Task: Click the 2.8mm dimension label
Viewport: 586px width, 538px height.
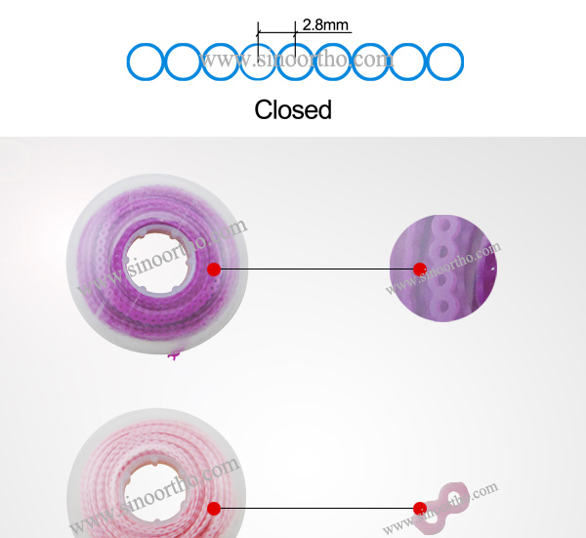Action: click(325, 23)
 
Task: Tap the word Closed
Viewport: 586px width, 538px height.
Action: click(293, 109)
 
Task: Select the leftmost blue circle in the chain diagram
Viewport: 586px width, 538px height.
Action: click(146, 62)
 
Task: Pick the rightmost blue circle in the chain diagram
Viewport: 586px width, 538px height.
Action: click(445, 62)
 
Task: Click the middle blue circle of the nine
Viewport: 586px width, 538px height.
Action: click(295, 62)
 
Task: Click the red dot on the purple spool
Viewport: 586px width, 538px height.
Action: click(214, 269)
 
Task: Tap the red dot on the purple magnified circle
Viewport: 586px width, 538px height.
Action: click(420, 269)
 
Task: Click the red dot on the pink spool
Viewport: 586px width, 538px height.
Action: click(214, 507)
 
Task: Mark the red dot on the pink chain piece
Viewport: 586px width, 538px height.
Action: click(420, 508)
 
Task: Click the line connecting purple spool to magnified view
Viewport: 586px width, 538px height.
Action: click(313, 269)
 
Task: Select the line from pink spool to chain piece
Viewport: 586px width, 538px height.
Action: click(313, 507)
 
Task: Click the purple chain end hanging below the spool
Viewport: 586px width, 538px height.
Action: click(175, 355)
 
